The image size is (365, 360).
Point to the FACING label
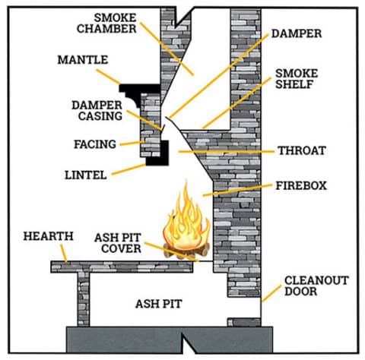94,143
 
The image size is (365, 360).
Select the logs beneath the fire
183,251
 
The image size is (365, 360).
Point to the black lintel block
157,156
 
